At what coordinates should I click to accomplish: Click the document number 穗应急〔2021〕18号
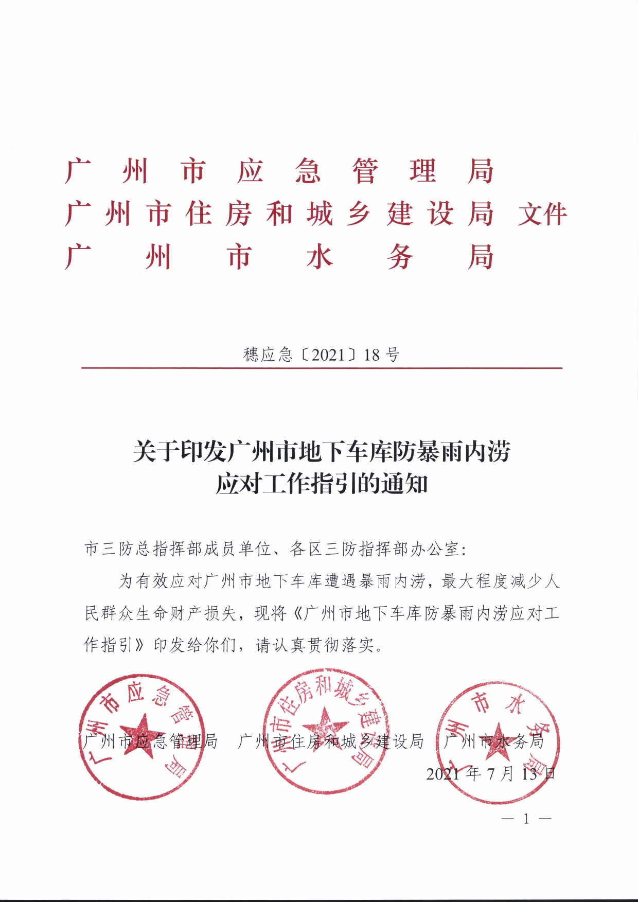[x=321, y=355]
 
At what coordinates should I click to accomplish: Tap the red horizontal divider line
[x=321, y=368]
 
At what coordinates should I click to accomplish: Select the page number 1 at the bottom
[x=526, y=819]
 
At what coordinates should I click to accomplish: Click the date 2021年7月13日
[x=491, y=773]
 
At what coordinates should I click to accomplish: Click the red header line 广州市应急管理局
[x=279, y=171]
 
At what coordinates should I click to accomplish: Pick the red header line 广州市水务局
[x=279, y=257]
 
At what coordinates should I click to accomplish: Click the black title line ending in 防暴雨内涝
[x=321, y=452]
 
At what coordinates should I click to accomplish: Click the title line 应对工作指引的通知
[x=321, y=484]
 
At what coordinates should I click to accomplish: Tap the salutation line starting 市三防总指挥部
[x=275, y=550]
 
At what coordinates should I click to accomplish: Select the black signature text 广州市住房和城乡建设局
[x=331, y=741]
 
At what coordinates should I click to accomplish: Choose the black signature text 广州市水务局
[x=493, y=741]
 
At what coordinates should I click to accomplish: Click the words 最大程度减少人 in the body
[x=500, y=581]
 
